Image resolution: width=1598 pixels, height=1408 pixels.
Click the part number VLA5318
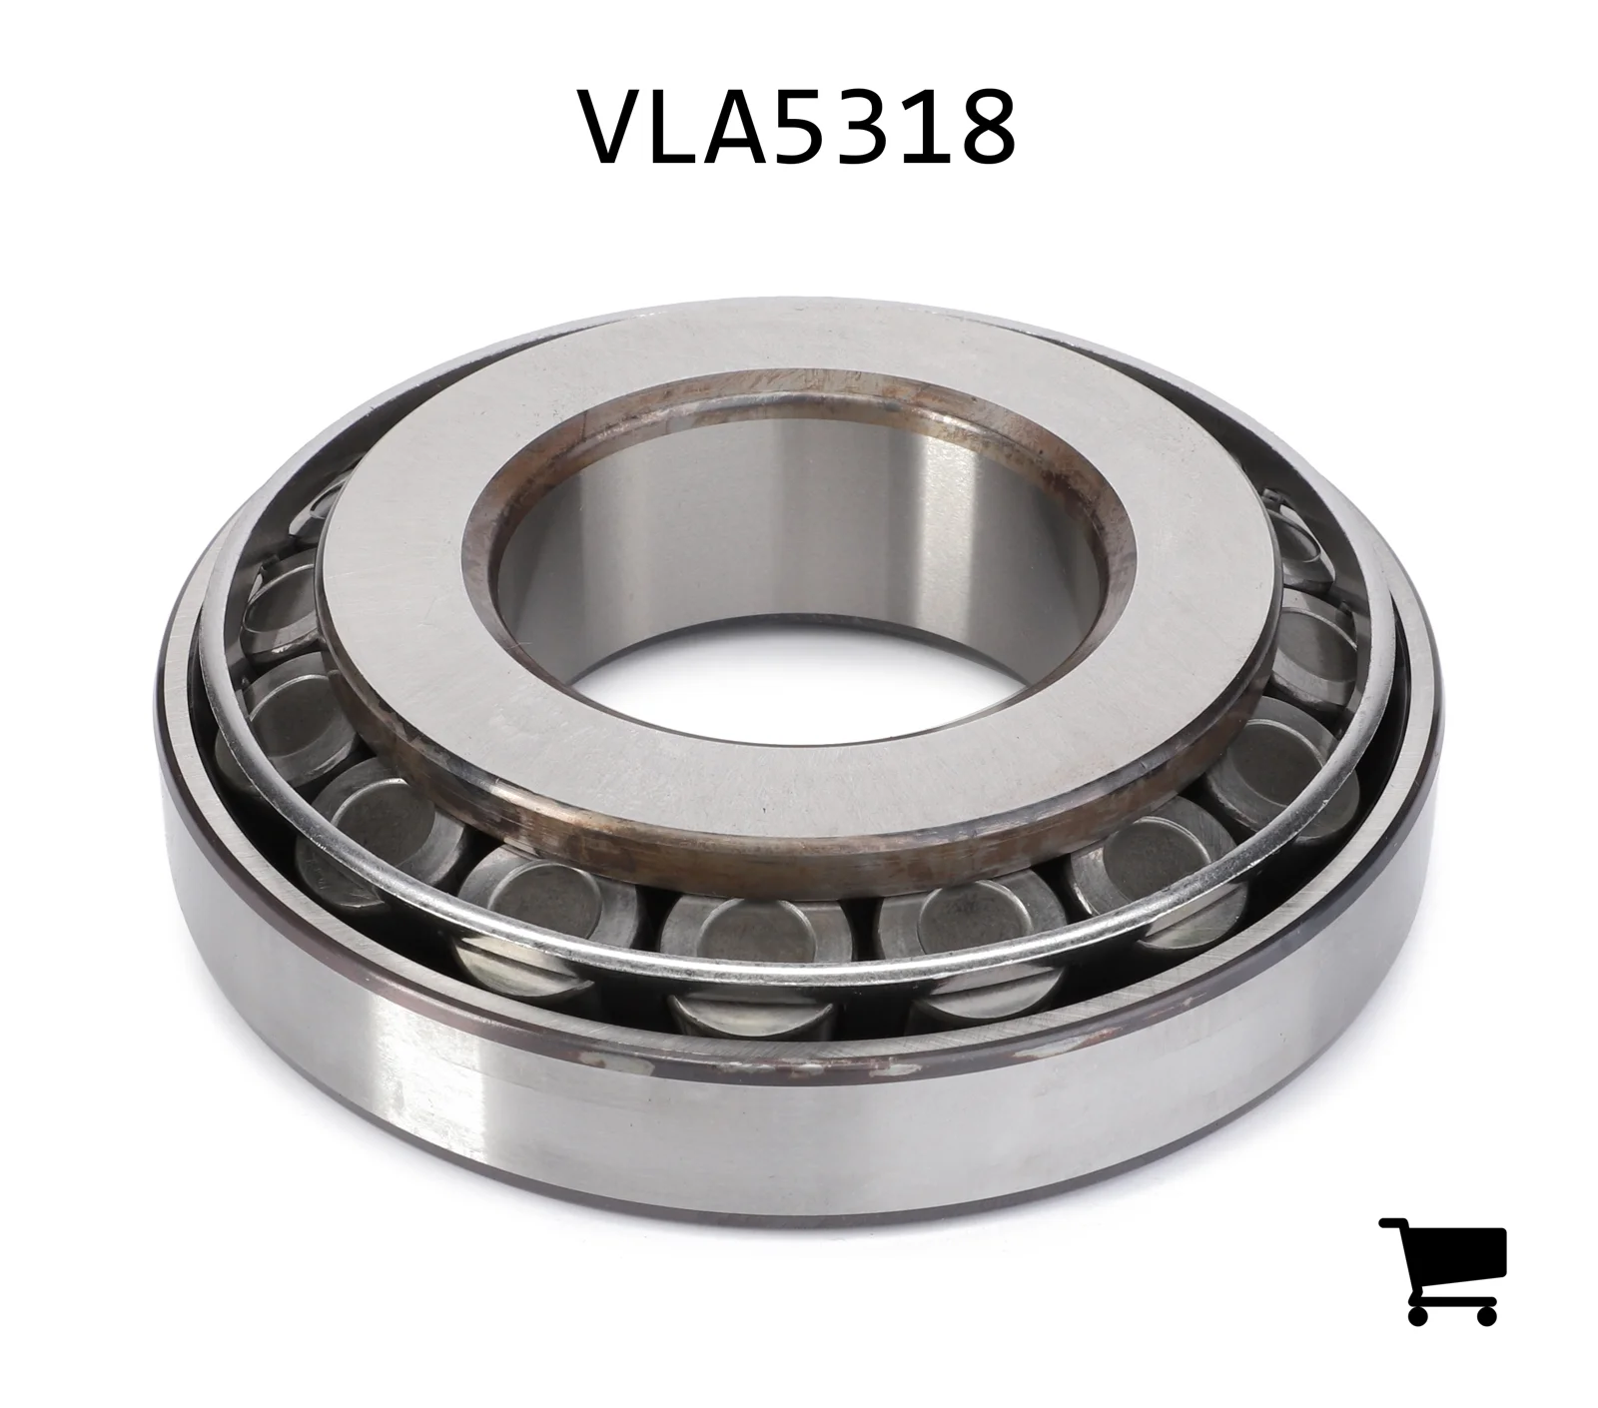pyautogui.click(x=799, y=127)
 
